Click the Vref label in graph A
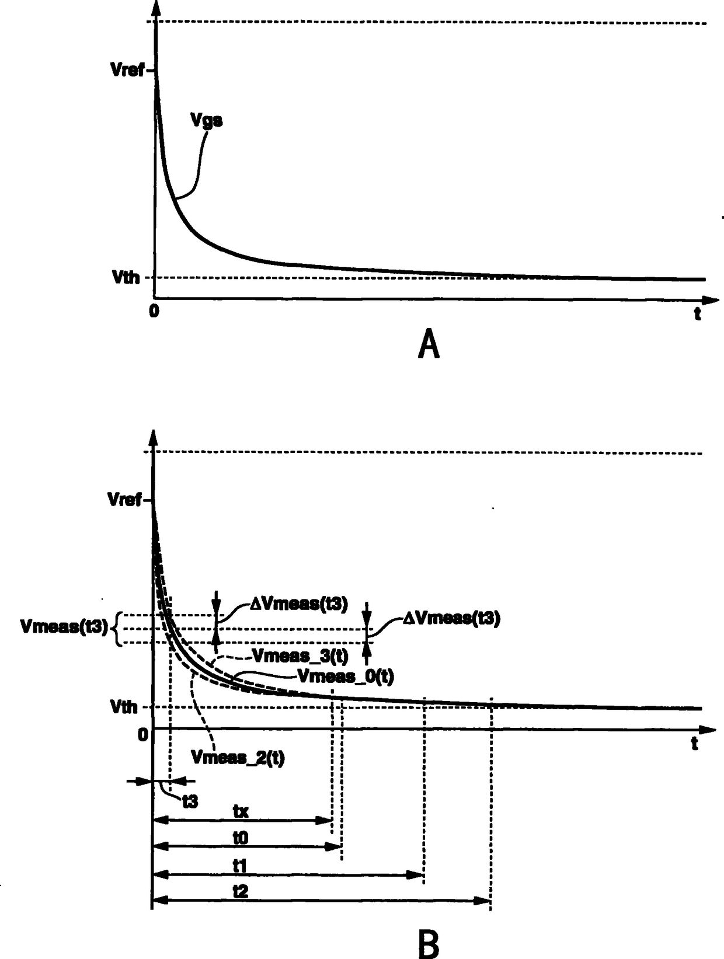tap(127, 70)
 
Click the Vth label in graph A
tap(127, 277)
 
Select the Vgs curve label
tap(207, 121)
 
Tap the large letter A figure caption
tap(429, 344)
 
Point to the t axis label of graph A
tap(697, 314)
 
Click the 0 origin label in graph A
tap(154, 311)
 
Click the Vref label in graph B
tap(124, 500)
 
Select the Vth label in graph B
tap(124, 707)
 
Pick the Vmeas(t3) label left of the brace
tap(64, 627)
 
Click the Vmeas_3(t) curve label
tap(300, 656)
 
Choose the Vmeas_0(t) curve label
tap(346, 676)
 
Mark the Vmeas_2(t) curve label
tap(238, 758)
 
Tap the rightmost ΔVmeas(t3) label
tap(451, 619)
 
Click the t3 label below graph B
tap(190, 801)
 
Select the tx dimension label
tap(241, 811)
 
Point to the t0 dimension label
tap(241, 838)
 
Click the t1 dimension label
tap(240, 866)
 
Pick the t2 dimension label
tap(240, 891)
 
